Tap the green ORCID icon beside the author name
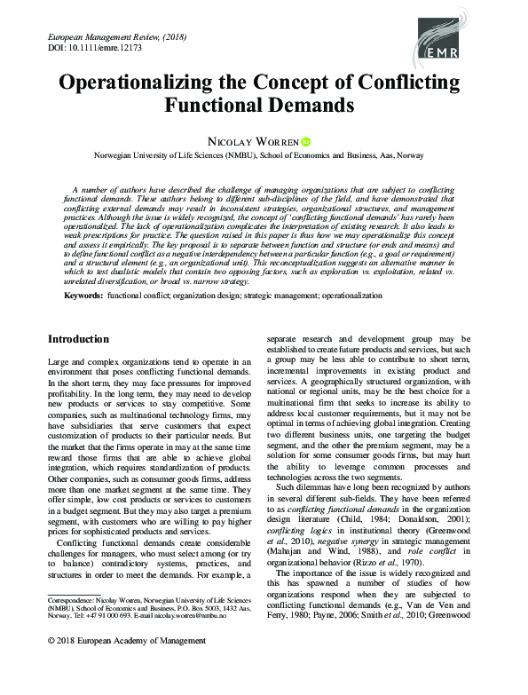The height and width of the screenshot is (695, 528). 307,140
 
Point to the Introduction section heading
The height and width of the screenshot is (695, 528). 78,339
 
